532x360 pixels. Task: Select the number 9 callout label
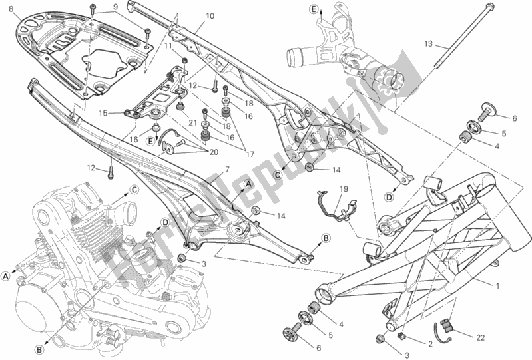[115, 7]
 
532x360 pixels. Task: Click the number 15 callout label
[103, 112]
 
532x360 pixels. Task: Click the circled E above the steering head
[312, 9]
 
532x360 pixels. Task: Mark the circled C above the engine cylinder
[134, 189]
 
